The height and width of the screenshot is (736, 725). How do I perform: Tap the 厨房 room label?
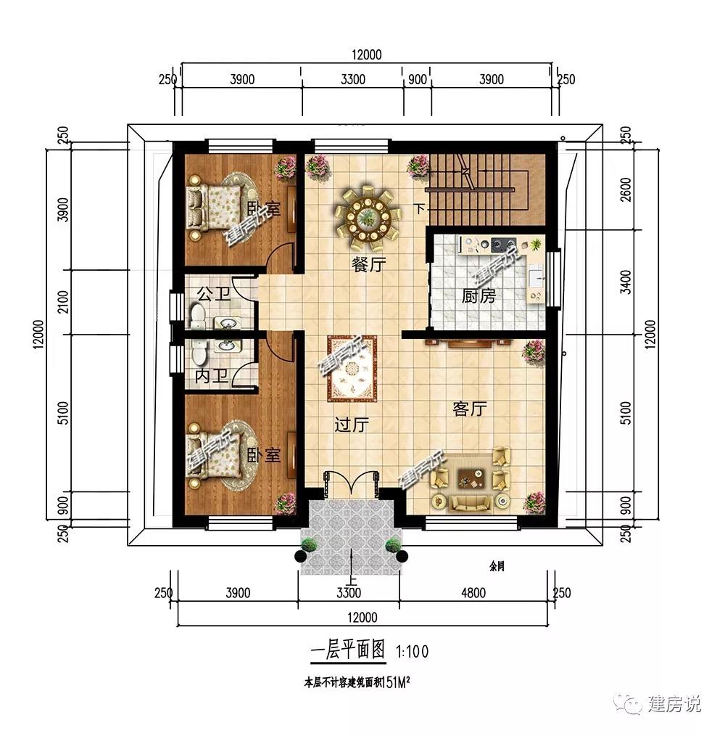click(x=479, y=296)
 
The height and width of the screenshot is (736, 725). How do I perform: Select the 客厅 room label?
click(x=469, y=409)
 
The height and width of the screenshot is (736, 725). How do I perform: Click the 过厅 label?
click(x=349, y=425)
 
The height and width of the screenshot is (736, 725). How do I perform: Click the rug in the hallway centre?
click(x=352, y=369)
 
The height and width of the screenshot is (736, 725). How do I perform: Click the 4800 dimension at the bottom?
click(x=472, y=593)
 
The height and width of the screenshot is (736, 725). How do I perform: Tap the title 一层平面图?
click(x=347, y=650)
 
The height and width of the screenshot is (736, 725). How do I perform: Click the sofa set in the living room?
click(x=471, y=479)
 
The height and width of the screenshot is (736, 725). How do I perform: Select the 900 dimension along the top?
click(x=418, y=80)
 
